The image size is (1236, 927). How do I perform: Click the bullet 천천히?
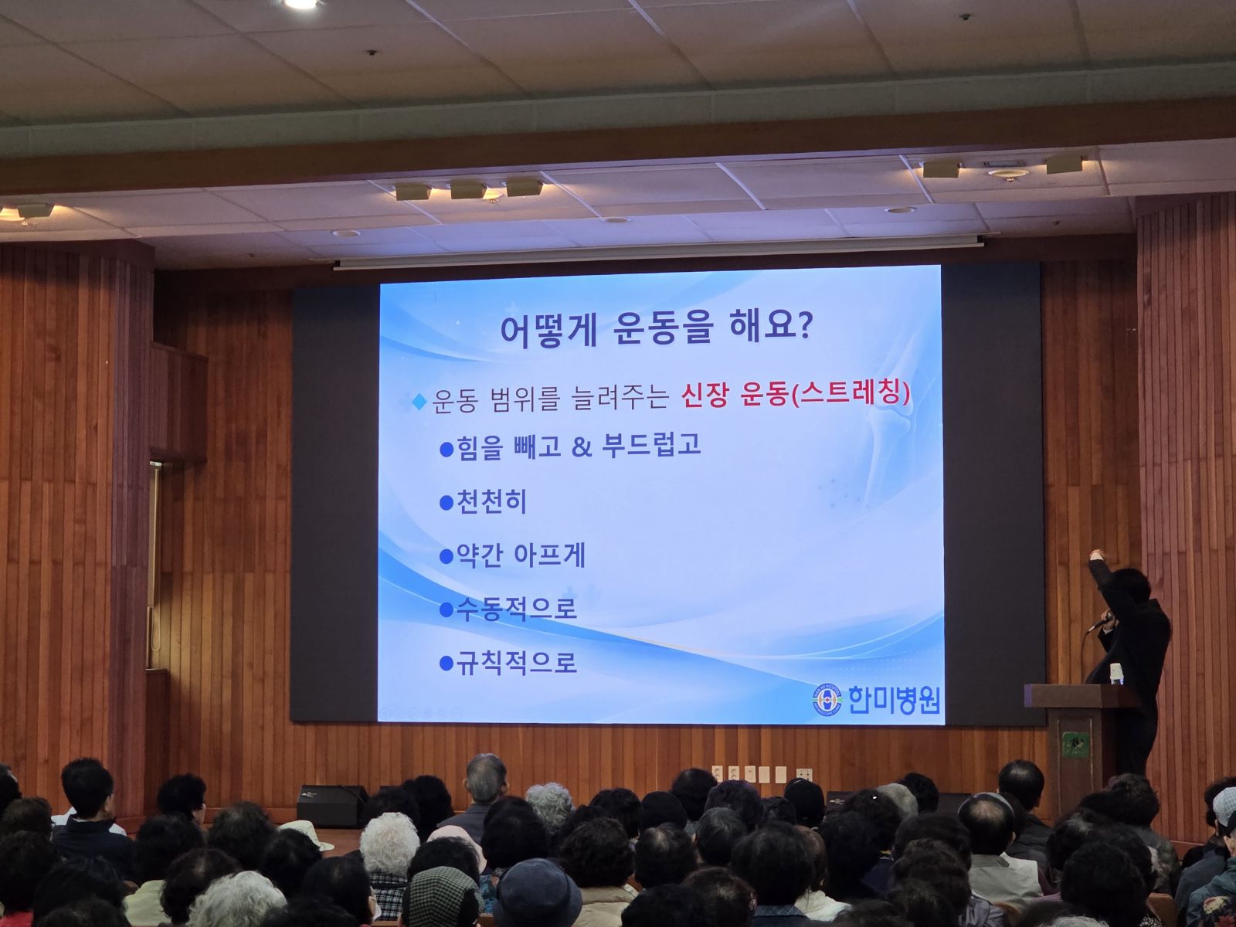(483, 501)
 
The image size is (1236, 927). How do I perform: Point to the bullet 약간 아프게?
(512, 555)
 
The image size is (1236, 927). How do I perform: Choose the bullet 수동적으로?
(508, 609)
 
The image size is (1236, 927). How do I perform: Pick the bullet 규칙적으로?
(508, 663)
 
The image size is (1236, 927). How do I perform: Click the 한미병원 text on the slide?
(894, 700)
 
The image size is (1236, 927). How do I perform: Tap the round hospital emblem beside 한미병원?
(828, 701)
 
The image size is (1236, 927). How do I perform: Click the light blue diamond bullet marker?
(419, 402)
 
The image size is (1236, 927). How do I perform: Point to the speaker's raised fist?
(1095, 555)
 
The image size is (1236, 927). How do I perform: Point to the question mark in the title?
(803, 328)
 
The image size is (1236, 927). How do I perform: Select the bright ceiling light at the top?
(301, 3)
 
